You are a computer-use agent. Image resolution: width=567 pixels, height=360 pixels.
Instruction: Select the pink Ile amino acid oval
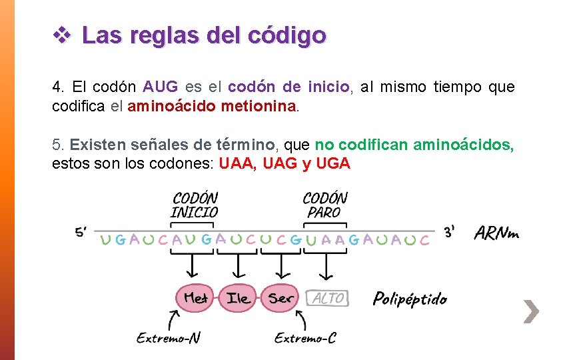(238, 298)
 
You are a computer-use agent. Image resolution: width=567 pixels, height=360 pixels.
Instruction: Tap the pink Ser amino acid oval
(281, 298)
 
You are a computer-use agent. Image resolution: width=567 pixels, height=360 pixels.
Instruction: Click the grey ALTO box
(326, 298)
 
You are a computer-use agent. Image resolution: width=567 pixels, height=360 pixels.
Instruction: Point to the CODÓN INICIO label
(195, 205)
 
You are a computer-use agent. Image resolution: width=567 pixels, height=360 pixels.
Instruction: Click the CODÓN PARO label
(324, 205)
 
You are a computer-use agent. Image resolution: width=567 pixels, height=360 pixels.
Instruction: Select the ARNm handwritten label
(496, 233)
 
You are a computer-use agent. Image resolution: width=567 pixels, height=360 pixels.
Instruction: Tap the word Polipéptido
(410, 299)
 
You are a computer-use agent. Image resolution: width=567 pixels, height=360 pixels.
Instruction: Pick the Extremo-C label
(305, 338)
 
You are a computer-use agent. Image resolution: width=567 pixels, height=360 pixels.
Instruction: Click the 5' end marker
(81, 232)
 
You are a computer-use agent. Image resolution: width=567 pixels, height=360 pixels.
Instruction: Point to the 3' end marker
(450, 232)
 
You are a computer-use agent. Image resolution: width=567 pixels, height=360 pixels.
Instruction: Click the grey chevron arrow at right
(530, 311)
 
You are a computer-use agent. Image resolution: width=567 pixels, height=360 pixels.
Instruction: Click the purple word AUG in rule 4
(160, 87)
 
